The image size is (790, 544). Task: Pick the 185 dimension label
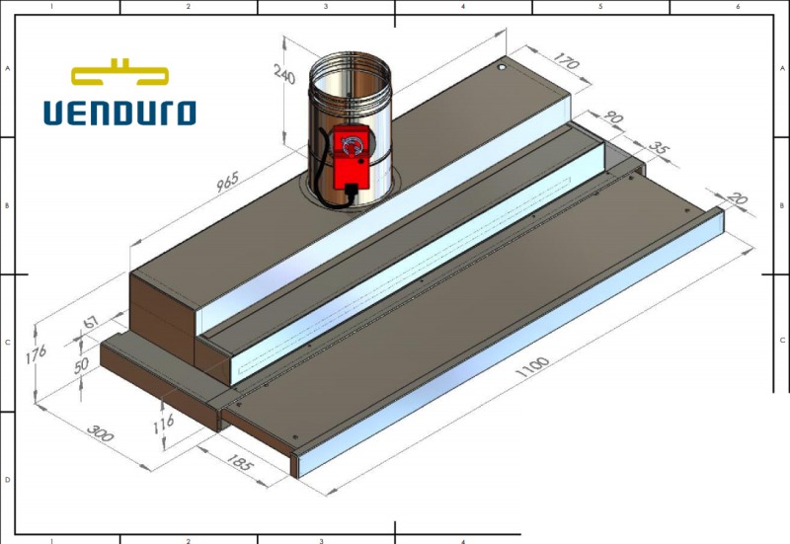point(241,459)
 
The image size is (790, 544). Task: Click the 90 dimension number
point(614,119)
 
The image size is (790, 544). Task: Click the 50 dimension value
point(82,363)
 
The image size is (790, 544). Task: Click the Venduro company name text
point(119,112)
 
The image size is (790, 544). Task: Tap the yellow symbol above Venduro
point(119,73)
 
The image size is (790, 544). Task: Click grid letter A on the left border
point(8,69)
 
